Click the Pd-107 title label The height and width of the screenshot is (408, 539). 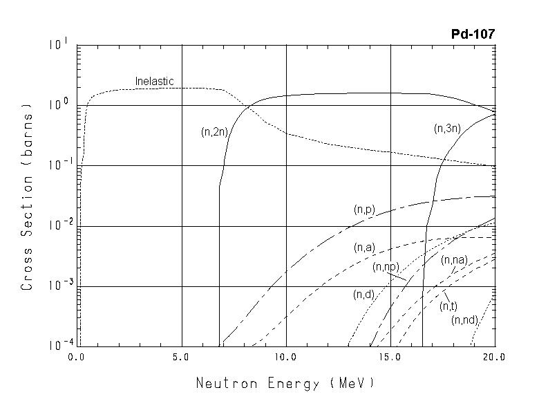[473, 34]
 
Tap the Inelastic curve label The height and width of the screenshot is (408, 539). [154, 82]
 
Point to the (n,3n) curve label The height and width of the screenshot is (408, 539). [448, 128]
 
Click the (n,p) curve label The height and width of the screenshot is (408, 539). [363, 210]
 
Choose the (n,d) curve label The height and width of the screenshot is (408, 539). [363, 295]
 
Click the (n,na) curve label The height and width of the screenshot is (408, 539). [454, 260]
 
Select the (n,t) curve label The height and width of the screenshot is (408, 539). [448, 306]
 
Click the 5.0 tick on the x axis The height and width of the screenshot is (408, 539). [181, 358]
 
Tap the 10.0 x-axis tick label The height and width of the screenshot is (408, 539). [285, 358]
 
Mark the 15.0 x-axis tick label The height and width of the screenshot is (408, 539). [390, 358]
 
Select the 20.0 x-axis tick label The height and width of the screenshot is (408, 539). [495, 358]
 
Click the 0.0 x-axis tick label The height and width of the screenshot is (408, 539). [76, 358]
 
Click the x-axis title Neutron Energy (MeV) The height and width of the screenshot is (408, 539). [285, 382]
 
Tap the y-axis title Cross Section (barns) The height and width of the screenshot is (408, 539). [27, 197]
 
